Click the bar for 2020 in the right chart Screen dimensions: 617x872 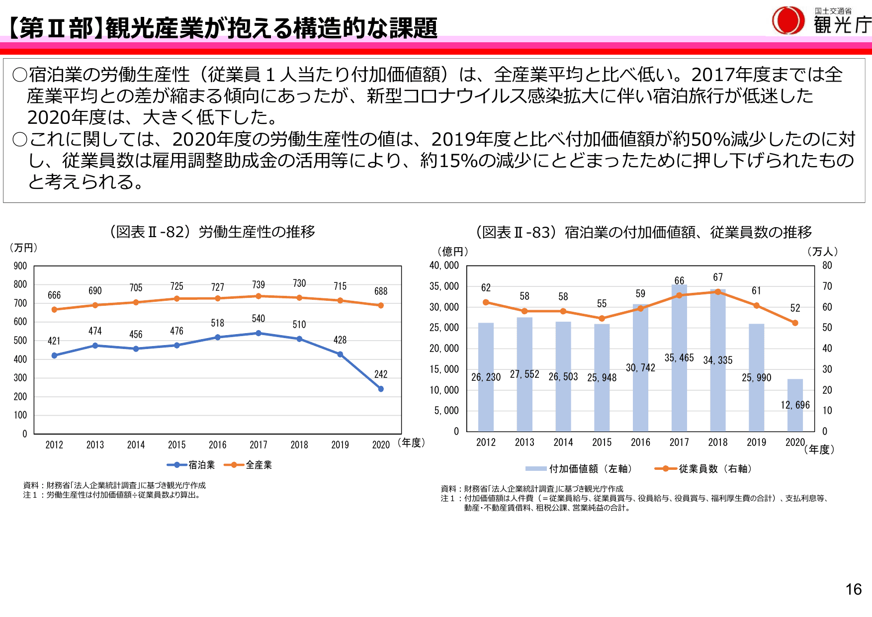(x=795, y=405)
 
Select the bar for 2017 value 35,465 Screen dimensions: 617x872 (x=679, y=358)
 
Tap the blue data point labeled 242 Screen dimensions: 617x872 (x=381, y=389)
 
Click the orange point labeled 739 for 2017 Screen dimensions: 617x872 (x=259, y=296)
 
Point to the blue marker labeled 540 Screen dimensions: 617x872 (x=259, y=333)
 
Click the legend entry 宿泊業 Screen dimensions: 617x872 (x=191, y=465)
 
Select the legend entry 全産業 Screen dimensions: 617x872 (x=248, y=465)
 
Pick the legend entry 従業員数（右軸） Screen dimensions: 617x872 (x=703, y=468)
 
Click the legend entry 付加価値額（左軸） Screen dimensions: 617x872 (x=579, y=468)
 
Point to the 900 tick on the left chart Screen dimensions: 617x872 (x=20, y=266)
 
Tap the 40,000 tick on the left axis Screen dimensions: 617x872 (x=444, y=265)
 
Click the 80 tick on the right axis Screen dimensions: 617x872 (x=827, y=265)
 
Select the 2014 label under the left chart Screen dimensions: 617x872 (x=136, y=445)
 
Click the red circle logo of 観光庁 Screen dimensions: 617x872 (x=788, y=21)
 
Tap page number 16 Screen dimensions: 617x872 (x=854, y=590)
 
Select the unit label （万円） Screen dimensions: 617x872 (x=23, y=248)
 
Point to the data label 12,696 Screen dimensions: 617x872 (x=795, y=405)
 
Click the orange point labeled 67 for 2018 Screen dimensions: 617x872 (x=718, y=292)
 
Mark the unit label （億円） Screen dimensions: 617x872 (x=452, y=252)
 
